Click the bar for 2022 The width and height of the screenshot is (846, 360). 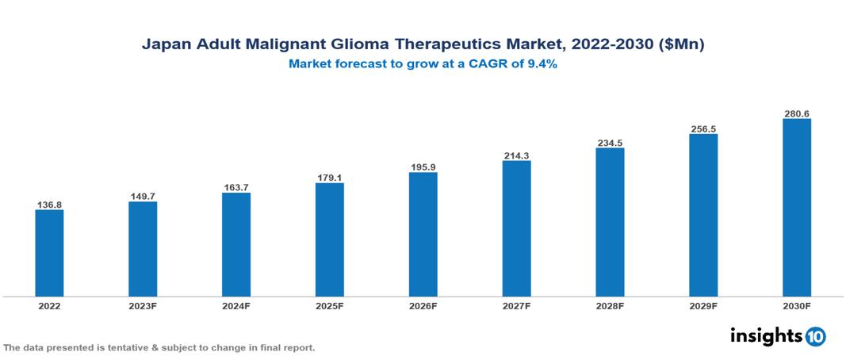click(x=49, y=253)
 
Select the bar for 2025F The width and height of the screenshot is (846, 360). click(x=329, y=239)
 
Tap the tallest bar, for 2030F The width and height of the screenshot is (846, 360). click(x=796, y=208)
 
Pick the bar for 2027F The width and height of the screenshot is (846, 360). click(x=516, y=228)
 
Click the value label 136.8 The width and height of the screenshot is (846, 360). click(x=49, y=205)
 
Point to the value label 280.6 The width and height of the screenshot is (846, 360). click(x=796, y=113)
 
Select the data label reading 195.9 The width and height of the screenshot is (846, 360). click(x=423, y=167)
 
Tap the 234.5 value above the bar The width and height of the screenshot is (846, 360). click(x=610, y=143)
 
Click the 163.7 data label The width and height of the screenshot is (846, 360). click(x=236, y=187)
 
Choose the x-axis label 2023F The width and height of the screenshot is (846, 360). click(x=143, y=306)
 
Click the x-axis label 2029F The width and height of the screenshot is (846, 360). click(x=703, y=306)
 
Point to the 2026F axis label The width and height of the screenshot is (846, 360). click(x=423, y=306)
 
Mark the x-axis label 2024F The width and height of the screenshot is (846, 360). click(x=236, y=306)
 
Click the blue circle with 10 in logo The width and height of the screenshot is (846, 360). click(x=815, y=336)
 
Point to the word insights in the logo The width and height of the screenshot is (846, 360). click(x=766, y=335)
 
